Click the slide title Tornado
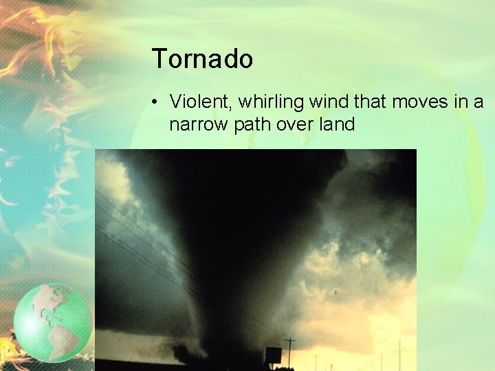(x=202, y=59)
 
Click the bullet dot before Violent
(x=157, y=102)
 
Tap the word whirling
(x=272, y=102)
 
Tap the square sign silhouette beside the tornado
(x=273, y=355)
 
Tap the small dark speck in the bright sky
(x=335, y=292)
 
